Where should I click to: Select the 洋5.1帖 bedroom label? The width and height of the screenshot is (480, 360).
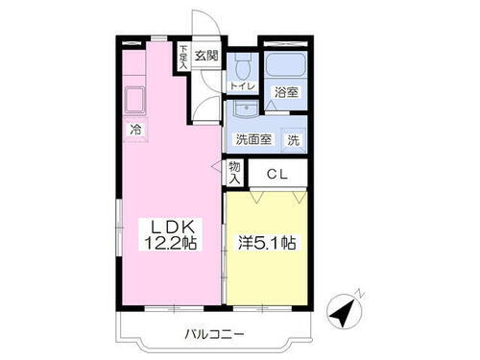coord(267,244)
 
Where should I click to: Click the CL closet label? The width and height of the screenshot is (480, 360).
coord(276,175)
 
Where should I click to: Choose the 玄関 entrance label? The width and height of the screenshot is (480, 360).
coord(207,56)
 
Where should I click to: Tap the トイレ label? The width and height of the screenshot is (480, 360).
coord(241,87)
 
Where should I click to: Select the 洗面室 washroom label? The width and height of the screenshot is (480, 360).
coord(254,139)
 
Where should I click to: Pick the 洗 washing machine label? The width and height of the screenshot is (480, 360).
coord(294,139)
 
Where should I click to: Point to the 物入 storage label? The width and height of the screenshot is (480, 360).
coord(234,175)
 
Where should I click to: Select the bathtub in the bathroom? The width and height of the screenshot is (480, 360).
coord(283,66)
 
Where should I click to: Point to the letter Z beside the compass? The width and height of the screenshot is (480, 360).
coord(357,292)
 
